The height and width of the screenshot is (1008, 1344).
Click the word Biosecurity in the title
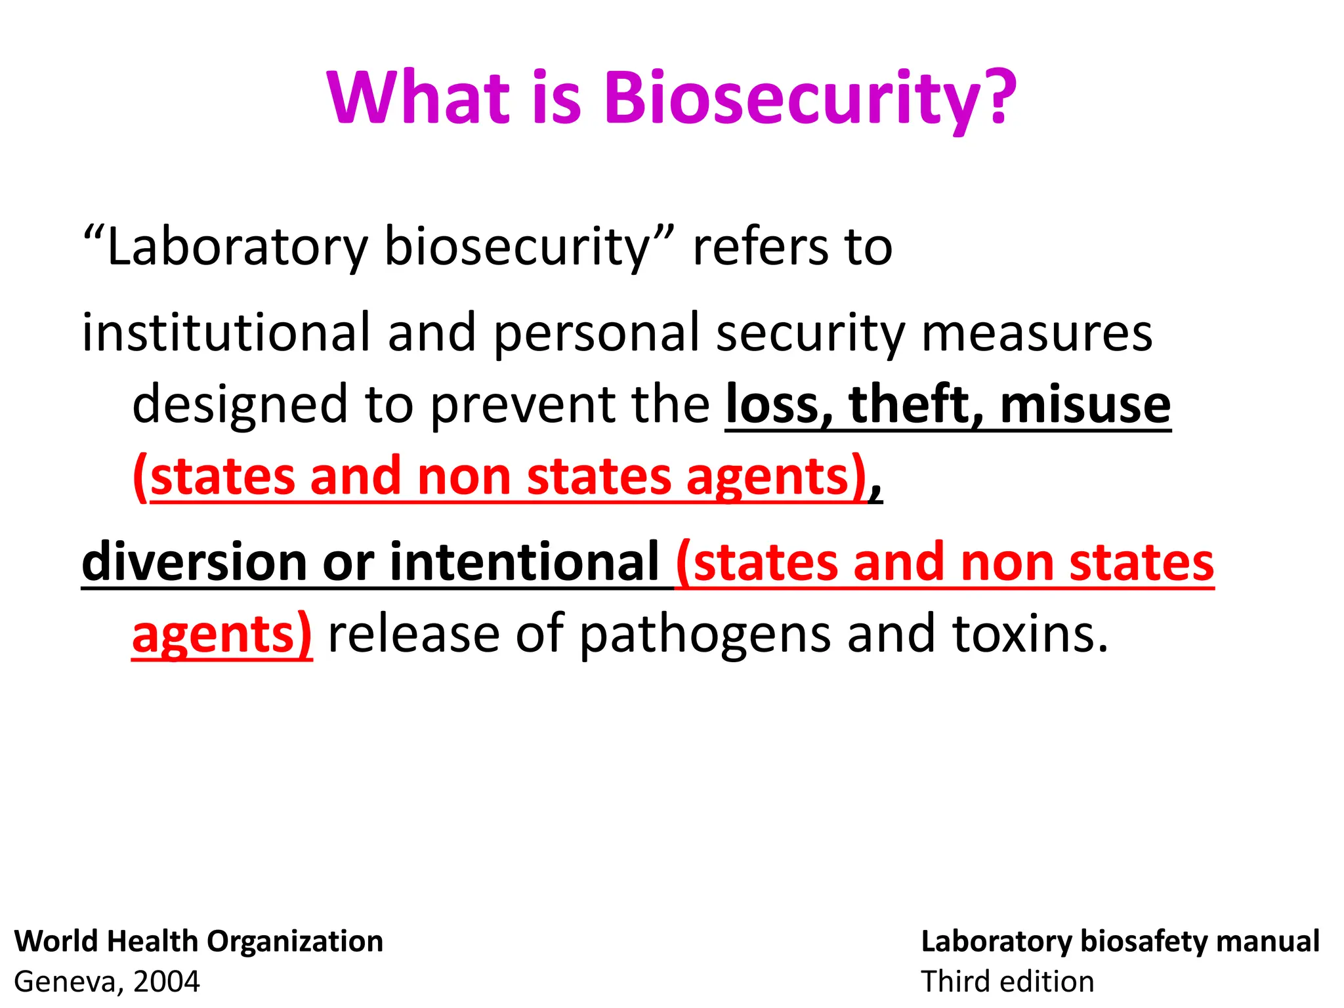(810, 98)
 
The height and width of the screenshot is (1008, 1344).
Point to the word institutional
(226, 333)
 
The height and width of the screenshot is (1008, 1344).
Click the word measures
(1037, 333)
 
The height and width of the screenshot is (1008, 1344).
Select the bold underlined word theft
(916, 404)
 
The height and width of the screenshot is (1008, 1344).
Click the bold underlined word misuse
(1085, 404)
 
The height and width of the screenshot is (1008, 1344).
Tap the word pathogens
(705, 634)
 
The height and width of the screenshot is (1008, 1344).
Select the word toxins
(1030, 634)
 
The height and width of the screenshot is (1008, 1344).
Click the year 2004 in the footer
(167, 982)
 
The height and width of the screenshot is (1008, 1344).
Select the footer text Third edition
(1007, 982)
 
